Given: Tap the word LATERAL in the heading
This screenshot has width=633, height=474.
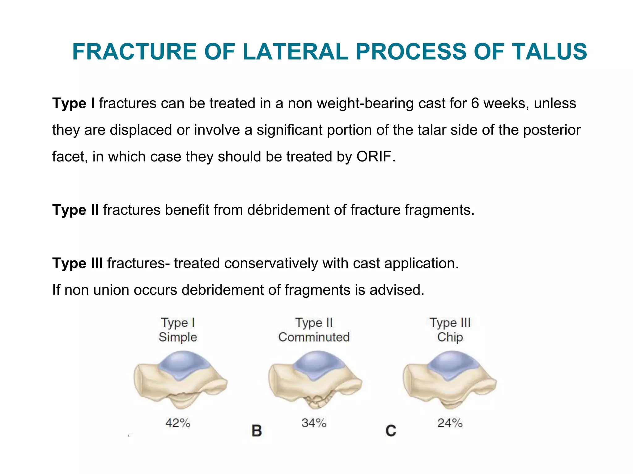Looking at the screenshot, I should (x=295, y=52).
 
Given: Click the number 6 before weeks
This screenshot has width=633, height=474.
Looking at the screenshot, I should (x=475, y=103).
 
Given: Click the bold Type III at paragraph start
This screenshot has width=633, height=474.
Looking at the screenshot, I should (x=78, y=263).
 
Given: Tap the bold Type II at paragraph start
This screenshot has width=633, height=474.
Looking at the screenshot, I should (x=75, y=210).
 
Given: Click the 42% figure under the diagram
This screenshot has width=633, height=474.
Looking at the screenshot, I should (x=178, y=423).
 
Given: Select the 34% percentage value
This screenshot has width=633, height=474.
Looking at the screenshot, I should (x=314, y=423).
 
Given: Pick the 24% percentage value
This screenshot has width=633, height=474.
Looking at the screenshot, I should (x=450, y=423).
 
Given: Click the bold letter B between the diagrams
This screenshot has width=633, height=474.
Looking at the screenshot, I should (x=257, y=431).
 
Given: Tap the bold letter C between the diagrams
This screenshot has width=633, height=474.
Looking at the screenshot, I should (x=391, y=431).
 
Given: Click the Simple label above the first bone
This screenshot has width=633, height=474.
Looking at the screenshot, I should (x=178, y=337).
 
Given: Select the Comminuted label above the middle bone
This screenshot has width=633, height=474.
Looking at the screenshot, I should (x=314, y=337).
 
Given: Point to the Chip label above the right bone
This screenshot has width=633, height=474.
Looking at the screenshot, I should (x=450, y=337).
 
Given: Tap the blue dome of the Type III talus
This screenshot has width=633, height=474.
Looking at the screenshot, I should (x=453, y=364).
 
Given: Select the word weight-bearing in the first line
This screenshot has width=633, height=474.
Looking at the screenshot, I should (x=365, y=103).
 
